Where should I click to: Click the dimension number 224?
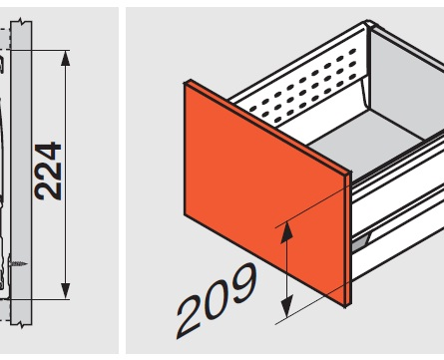[49, 172]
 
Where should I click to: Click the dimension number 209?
[218, 300]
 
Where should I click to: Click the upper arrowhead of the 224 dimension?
[66, 58]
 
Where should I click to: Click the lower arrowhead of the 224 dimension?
[66, 291]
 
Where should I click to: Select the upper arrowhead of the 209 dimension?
[286, 232]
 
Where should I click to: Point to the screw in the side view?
[17, 263]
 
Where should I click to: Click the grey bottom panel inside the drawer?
[366, 142]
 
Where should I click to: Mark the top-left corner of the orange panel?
[185, 83]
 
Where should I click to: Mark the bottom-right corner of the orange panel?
[345, 306]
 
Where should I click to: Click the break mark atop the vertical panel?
[22, 23]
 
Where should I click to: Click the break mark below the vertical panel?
[22, 324]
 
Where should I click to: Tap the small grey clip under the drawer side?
[361, 243]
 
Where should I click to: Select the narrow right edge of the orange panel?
[348, 238]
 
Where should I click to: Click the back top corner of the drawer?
[368, 24]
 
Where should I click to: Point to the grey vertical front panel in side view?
[21, 173]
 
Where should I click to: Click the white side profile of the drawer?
[397, 206]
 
